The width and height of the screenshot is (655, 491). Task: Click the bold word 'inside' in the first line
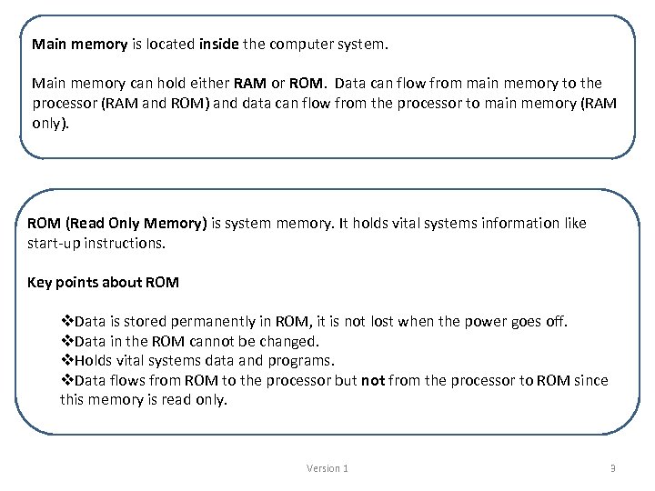pyautogui.click(x=217, y=44)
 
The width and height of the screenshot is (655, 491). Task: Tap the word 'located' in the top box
pyautogui.click(x=170, y=44)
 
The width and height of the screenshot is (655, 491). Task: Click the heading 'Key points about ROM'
pyautogui.click(x=104, y=282)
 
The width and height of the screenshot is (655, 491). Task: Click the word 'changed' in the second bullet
pyautogui.click(x=287, y=341)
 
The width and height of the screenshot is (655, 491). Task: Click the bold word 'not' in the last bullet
pyautogui.click(x=373, y=381)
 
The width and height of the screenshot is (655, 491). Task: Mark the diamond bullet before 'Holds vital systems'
pyautogui.click(x=66, y=361)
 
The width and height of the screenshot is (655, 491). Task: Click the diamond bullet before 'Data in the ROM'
pyautogui.click(x=66, y=341)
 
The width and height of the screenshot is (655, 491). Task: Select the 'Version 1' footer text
pyautogui.click(x=327, y=468)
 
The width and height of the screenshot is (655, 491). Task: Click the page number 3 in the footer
pyautogui.click(x=612, y=468)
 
